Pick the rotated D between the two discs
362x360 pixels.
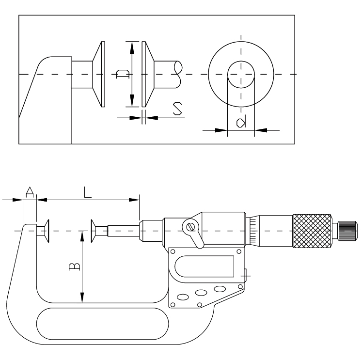click(x=123, y=74)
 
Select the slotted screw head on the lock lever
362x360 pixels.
click(x=190, y=226)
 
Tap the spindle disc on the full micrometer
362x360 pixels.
click(x=94, y=231)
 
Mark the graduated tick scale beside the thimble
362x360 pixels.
click(x=253, y=231)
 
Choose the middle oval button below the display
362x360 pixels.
click(x=200, y=293)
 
